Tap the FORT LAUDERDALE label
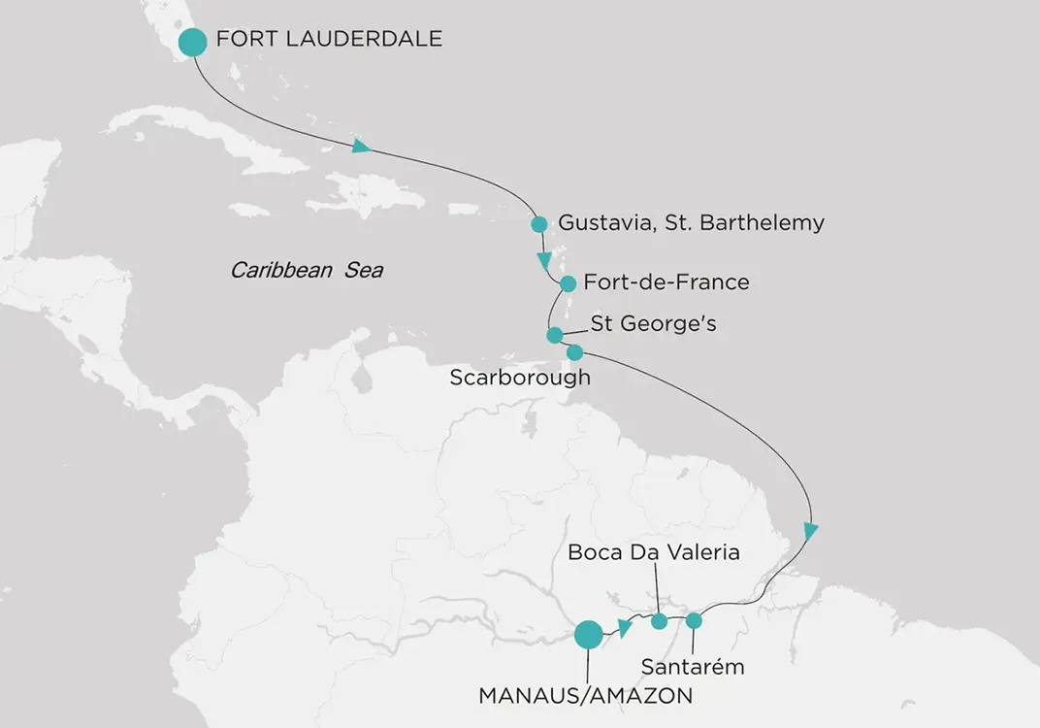coord(330,40)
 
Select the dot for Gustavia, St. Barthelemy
coord(539,224)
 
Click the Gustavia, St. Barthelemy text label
coord(691,223)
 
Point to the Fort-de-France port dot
coord(569,283)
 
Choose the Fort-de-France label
coord(666,282)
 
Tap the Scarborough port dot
coord(574,351)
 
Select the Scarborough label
coord(519,378)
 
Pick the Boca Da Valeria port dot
coord(659,621)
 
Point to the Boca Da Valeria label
coord(654,553)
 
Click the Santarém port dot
coord(694,620)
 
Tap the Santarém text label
coord(693,667)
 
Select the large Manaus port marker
coord(587,635)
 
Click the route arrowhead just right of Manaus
coord(625,628)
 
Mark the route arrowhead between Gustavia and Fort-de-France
coord(545,261)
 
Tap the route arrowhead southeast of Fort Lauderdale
coord(362,147)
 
